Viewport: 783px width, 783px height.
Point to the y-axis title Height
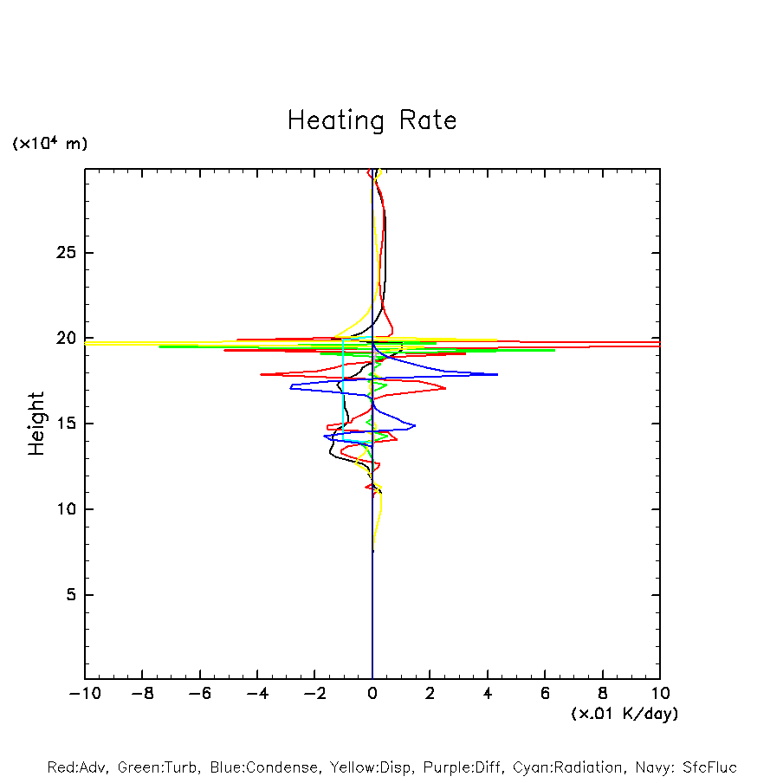click(36, 424)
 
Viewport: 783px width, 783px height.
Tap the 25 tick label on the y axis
click(68, 253)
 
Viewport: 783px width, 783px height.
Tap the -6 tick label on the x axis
click(199, 694)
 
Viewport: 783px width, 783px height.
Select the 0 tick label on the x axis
click(372, 694)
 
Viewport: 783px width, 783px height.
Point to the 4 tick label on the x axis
click(488, 694)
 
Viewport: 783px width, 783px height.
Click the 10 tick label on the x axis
click(660, 694)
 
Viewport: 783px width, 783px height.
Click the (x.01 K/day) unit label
click(624, 714)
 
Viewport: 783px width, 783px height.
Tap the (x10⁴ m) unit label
click(49, 144)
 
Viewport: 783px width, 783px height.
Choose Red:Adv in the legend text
click(74, 767)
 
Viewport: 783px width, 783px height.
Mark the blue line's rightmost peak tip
click(498, 374)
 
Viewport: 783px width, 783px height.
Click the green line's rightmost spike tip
click(554, 350)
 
